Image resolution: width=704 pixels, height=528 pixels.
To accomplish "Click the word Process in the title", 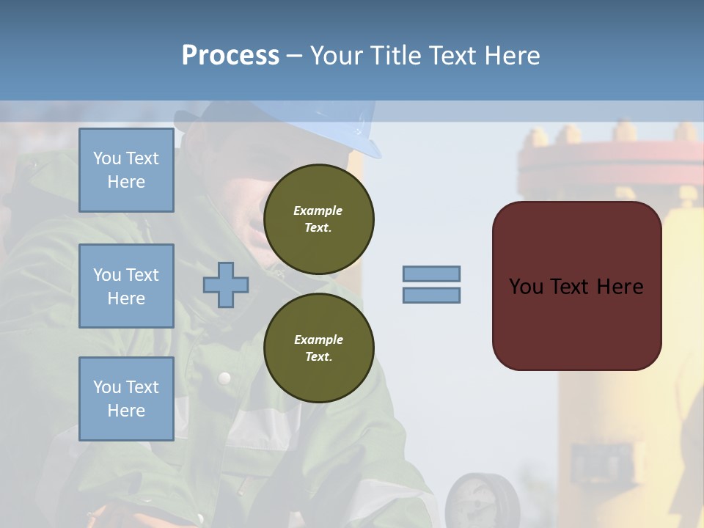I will [x=230, y=56].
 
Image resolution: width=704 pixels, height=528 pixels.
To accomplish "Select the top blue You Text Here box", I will [x=126, y=170].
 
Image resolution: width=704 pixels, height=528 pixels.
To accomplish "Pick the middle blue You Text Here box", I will [x=126, y=286].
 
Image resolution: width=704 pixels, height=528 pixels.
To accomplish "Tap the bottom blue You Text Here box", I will [x=126, y=399].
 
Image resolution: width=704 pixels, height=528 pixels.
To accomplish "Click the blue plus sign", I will [x=226, y=285].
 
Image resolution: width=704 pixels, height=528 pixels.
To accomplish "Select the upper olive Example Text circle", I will [x=318, y=219].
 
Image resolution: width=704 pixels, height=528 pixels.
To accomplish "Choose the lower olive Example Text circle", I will [x=318, y=348].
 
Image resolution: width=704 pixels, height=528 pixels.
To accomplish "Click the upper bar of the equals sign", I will [x=431, y=274].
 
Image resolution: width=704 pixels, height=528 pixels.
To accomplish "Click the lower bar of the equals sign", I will [x=431, y=296].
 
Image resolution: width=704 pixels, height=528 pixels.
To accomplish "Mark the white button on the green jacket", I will [x=224, y=378].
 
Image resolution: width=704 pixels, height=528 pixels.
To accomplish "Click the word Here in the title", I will [x=513, y=56].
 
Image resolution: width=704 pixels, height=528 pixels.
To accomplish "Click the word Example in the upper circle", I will [x=318, y=210].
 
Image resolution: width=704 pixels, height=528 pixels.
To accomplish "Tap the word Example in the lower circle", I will [x=318, y=340].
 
